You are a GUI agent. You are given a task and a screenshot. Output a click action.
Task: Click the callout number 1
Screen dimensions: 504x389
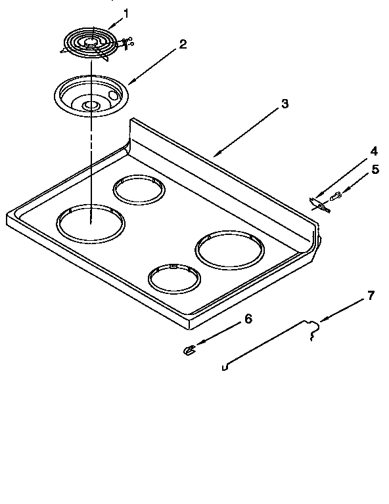[127, 12]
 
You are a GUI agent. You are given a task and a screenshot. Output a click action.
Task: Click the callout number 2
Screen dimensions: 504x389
[183, 45]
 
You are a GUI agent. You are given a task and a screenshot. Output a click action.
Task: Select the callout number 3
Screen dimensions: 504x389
[284, 104]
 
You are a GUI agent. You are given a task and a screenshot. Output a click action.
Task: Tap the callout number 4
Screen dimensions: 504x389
[374, 150]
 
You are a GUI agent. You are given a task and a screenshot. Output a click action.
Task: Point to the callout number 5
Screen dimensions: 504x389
[375, 169]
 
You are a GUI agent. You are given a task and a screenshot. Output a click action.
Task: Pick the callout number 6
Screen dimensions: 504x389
[248, 319]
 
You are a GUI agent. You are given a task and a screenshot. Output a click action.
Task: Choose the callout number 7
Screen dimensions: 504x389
[371, 295]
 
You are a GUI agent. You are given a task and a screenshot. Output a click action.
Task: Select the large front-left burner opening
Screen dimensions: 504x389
[90, 223]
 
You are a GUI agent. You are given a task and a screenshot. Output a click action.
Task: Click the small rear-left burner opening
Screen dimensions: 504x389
[139, 190]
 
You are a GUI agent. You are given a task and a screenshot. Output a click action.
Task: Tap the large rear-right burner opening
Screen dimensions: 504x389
[229, 250]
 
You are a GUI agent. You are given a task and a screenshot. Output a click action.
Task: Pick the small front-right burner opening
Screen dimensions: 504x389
[173, 278]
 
